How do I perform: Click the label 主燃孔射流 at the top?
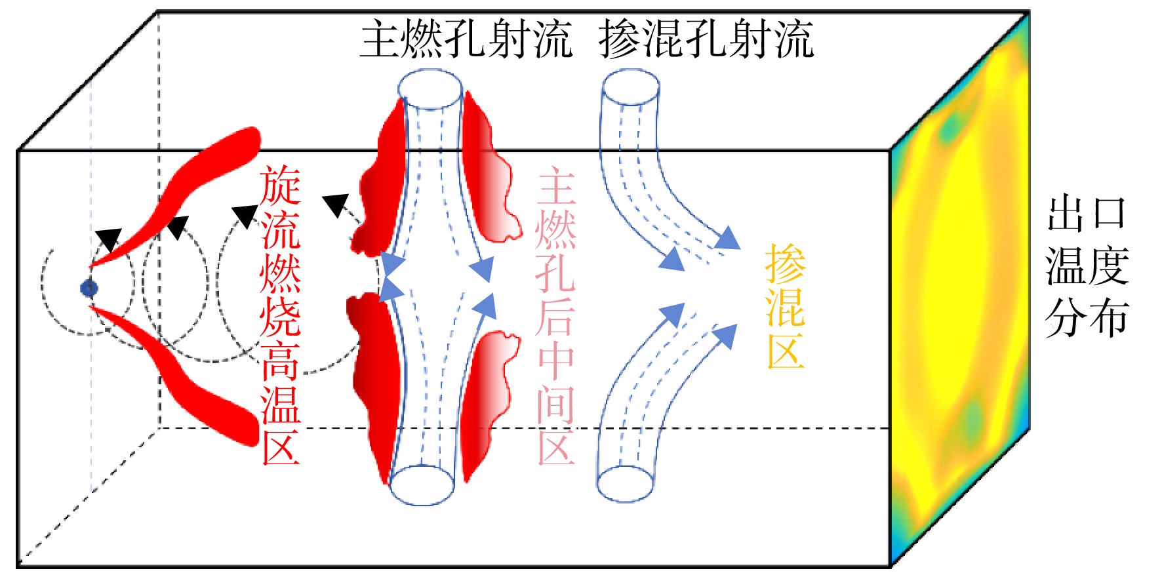click(466, 39)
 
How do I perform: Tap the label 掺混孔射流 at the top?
click(706, 39)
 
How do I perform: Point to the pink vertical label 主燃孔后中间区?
click(556, 317)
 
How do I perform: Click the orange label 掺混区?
click(785, 306)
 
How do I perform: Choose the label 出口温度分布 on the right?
click(1087, 266)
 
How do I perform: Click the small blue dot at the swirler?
click(89, 288)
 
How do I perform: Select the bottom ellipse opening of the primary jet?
click(422, 485)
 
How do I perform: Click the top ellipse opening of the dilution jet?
click(631, 87)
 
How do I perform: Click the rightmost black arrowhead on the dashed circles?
click(336, 205)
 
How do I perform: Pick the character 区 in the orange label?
click(785, 348)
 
